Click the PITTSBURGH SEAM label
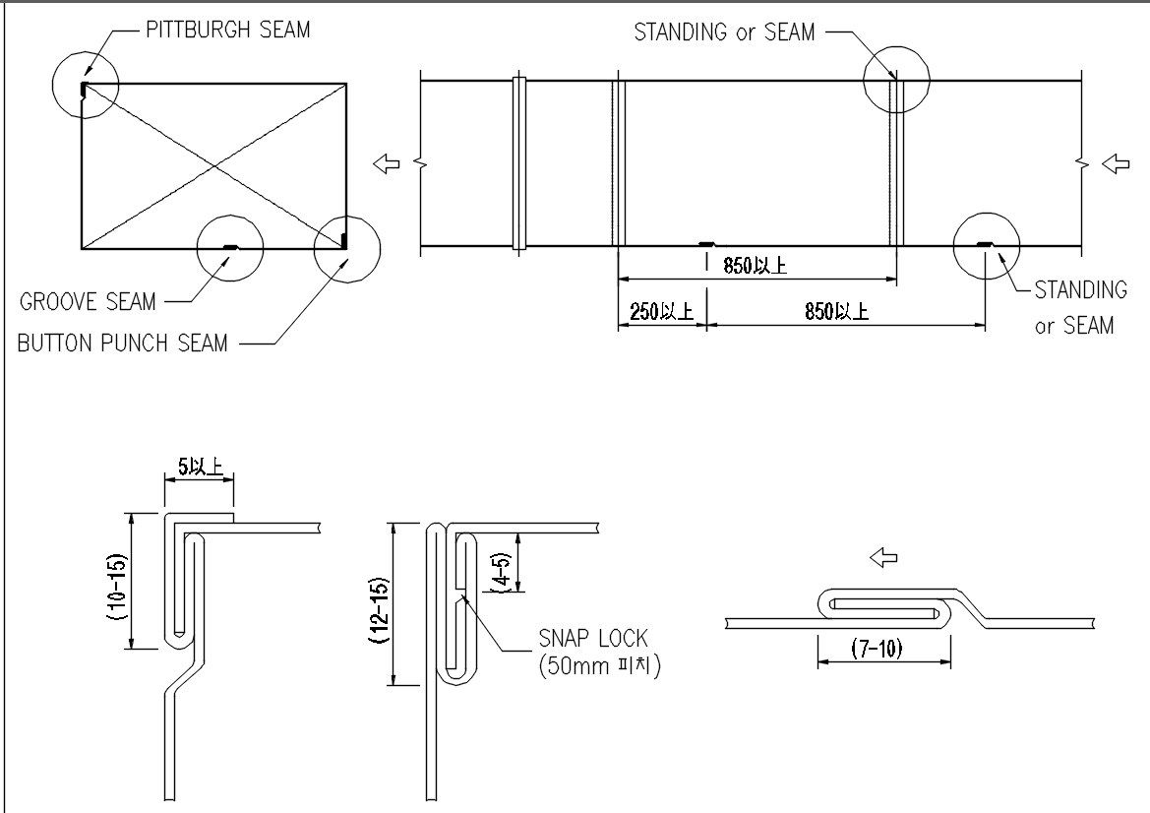pos(228,31)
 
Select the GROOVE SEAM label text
pos(88,301)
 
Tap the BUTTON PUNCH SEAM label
pos(123,343)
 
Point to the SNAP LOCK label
pos(594,638)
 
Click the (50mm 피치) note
pos(600,667)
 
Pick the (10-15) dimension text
pos(118,588)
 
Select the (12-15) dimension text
pos(380,611)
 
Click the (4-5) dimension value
pos(502,572)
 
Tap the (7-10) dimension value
pos(878,648)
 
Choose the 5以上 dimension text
pos(201,466)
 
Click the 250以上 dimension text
pos(661,312)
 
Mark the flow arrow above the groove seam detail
pos(883,558)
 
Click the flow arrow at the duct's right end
pos(1117,163)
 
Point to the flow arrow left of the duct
pos(387,163)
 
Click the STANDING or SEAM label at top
pos(725,32)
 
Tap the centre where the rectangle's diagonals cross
pos(213,166)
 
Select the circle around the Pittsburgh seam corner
pos(86,85)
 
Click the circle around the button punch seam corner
pos(347,249)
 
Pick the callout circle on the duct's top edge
pos(896,80)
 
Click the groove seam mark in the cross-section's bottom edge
pos(231,247)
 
